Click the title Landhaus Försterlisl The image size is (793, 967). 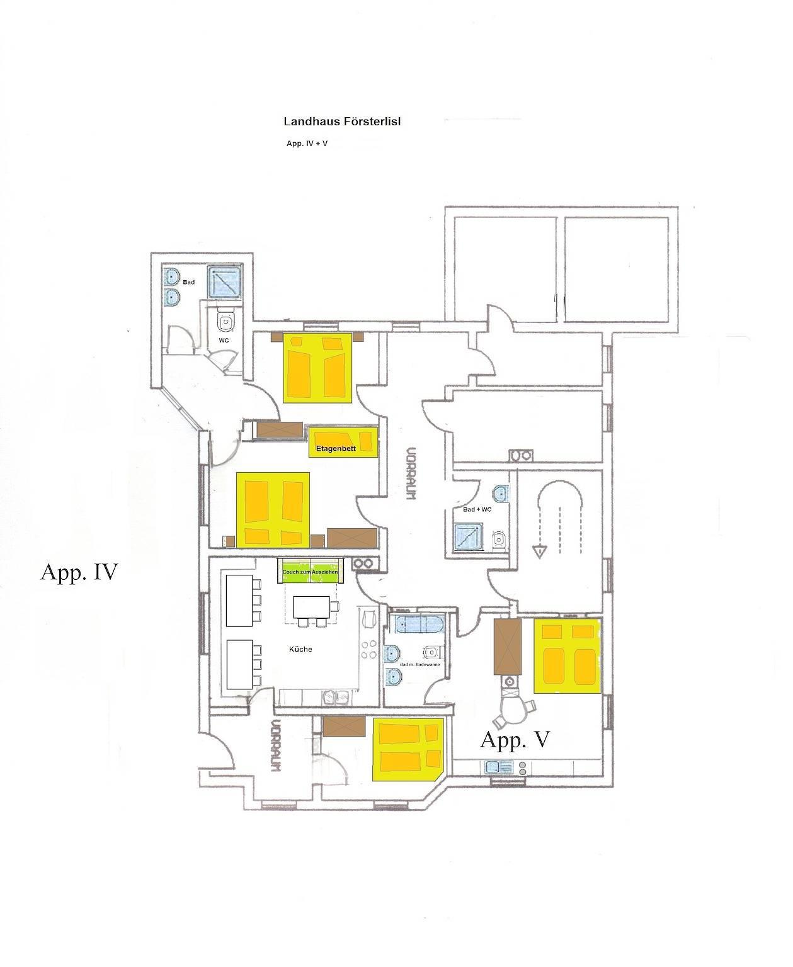(x=342, y=122)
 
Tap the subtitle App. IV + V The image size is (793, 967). (x=307, y=144)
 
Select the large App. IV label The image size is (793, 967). (x=79, y=572)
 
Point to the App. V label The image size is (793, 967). (x=515, y=739)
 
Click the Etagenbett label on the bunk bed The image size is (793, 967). (x=336, y=448)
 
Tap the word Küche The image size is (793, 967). (x=300, y=649)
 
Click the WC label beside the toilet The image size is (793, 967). (x=224, y=340)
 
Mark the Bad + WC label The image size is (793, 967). (x=477, y=509)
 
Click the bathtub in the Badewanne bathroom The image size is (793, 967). (x=419, y=624)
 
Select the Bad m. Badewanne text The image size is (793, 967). (x=420, y=664)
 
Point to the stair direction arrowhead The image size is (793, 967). (x=540, y=551)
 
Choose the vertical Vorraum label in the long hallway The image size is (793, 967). (x=411, y=473)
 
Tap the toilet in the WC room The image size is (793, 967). (x=225, y=322)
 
